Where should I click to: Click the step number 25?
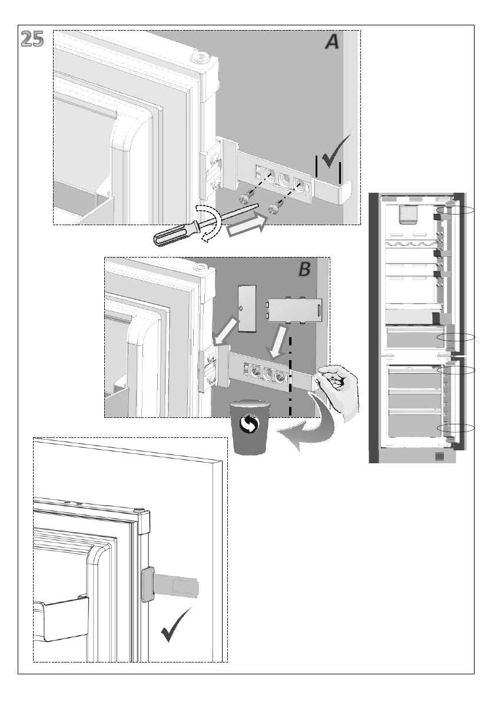tap(32, 39)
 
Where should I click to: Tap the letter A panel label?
tap(331, 42)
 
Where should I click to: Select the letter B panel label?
tap(304, 269)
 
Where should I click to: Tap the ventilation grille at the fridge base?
tap(439, 457)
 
